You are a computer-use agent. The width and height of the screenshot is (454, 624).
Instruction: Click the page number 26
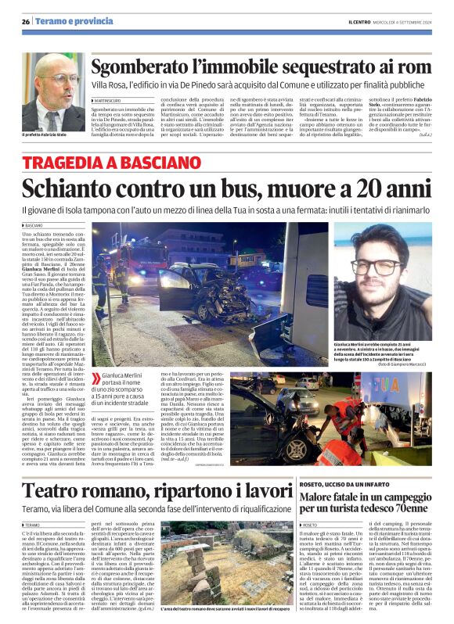(x=26, y=22)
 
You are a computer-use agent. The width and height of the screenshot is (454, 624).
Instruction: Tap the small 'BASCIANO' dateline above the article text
(x=35, y=224)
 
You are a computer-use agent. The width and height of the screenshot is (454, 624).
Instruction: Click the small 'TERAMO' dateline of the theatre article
(x=33, y=504)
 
